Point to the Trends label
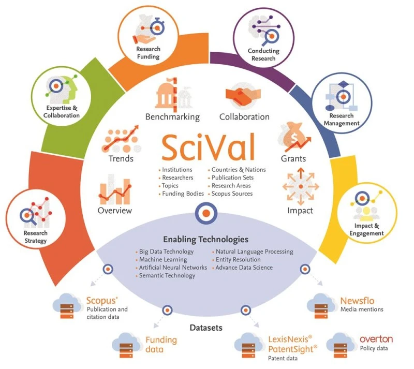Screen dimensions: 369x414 (121, 158)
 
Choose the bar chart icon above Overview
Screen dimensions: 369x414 (114, 189)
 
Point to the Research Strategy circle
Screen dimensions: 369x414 (35, 218)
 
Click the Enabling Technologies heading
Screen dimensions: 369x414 (205, 240)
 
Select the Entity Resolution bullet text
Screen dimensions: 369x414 (238, 260)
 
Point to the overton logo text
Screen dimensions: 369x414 (376, 339)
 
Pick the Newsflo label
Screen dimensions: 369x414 (357, 300)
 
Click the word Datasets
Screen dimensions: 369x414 (206, 328)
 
